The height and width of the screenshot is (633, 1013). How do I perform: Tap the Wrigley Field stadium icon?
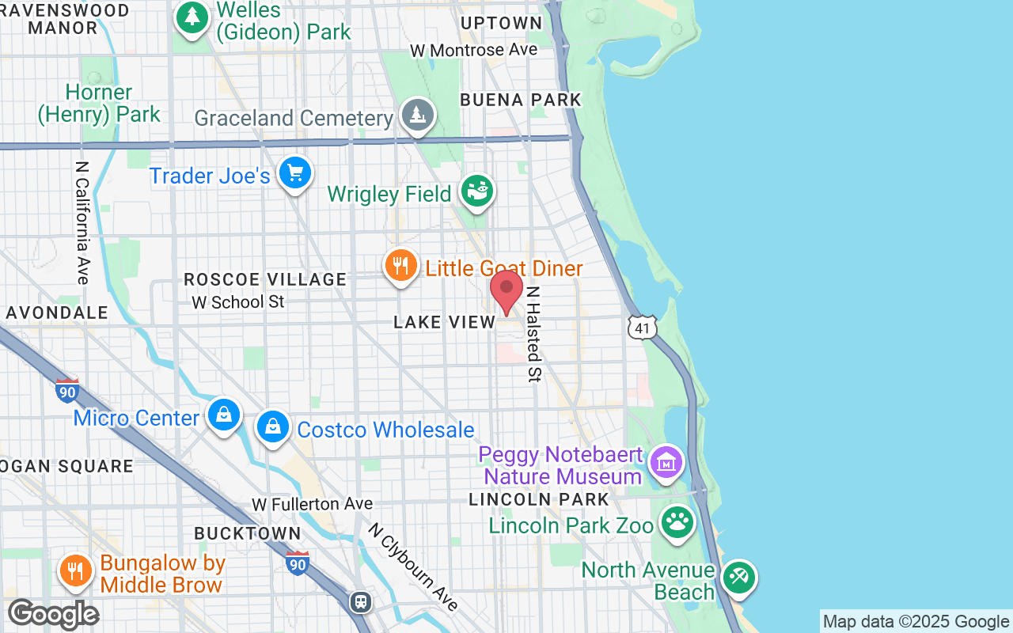[477, 191]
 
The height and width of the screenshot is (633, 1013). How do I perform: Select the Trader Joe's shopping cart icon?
[295, 172]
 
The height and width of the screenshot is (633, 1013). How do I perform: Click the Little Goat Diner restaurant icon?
[401, 266]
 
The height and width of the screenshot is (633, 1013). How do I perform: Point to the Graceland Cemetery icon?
[417, 116]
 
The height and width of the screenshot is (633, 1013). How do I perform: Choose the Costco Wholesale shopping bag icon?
[273, 427]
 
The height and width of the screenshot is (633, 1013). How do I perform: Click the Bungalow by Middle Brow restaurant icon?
[76, 570]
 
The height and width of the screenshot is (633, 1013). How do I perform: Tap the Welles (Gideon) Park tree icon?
[191, 17]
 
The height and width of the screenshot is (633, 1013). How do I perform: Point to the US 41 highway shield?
[641, 328]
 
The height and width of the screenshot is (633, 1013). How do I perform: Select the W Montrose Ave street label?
[473, 50]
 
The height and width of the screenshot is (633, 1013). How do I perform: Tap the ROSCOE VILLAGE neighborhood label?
[265, 279]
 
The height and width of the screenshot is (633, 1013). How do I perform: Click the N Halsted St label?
[534, 334]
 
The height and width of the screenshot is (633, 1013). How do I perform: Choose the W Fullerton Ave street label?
[312, 504]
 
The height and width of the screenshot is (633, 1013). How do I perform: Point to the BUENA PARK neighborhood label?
[521, 100]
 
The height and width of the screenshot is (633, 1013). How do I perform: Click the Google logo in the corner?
[53, 614]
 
